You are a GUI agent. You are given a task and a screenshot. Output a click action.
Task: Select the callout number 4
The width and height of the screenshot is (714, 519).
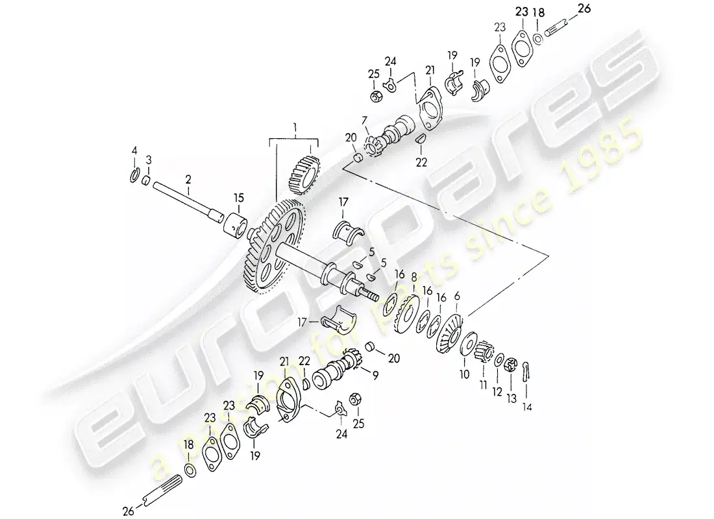(x=134, y=151)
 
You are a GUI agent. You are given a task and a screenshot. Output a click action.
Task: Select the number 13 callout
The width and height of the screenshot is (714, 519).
(x=512, y=400)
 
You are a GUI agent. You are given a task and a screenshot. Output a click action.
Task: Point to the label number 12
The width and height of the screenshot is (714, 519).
(x=498, y=392)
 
